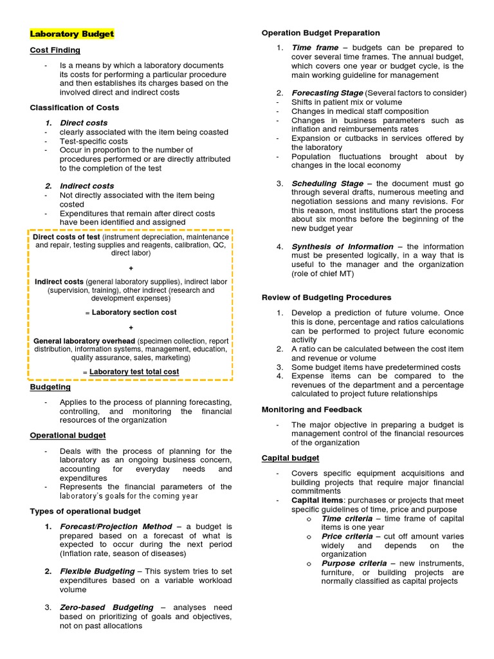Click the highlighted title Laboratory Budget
pyautogui.click(x=72, y=33)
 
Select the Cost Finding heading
pyautogui.click(x=55, y=50)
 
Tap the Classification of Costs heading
pyautogui.click(x=75, y=107)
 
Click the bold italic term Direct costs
pyautogui.click(x=84, y=122)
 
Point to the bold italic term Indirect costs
pyautogui.click(x=87, y=186)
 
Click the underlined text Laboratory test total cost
pyautogui.click(x=134, y=372)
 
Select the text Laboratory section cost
pyautogui.click(x=134, y=312)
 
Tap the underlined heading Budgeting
pyautogui.click(x=50, y=387)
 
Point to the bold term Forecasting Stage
pyautogui.click(x=327, y=93)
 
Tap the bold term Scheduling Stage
pyautogui.click(x=327, y=183)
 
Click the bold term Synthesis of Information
pyautogui.click(x=342, y=246)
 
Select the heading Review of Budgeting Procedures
pyautogui.click(x=326, y=297)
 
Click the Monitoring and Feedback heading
pyautogui.click(x=311, y=409)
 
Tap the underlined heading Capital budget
pyautogui.click(x=290, y=458)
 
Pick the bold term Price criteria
pyautogui.click(x=347, y=537)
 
